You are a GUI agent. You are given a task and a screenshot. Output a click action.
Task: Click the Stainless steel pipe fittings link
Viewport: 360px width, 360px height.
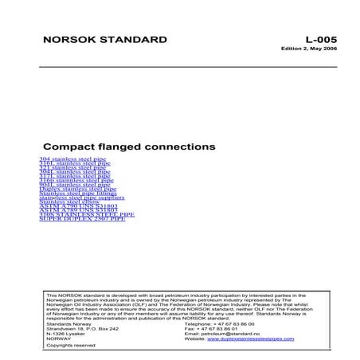click(x=77, y=193)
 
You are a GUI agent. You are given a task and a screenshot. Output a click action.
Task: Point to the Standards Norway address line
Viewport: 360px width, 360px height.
click(x=70, y=324)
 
